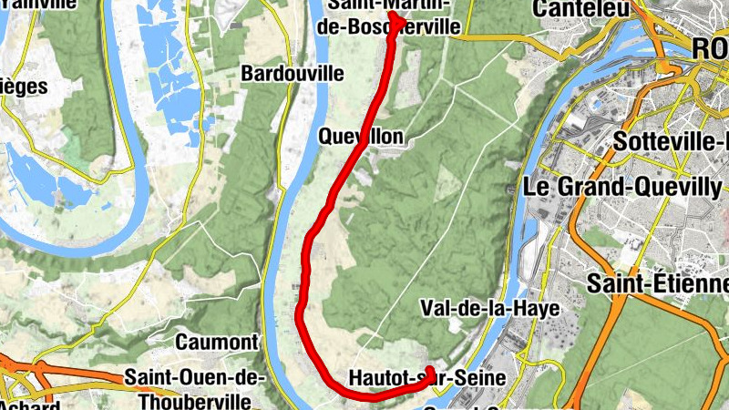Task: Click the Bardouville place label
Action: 292,73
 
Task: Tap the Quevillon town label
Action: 361,136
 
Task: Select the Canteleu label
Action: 583,9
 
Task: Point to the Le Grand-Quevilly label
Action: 622,187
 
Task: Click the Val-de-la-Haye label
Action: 489,309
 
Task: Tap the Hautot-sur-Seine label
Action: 426,377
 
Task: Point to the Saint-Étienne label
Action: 658,282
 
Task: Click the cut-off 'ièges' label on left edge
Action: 23,87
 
